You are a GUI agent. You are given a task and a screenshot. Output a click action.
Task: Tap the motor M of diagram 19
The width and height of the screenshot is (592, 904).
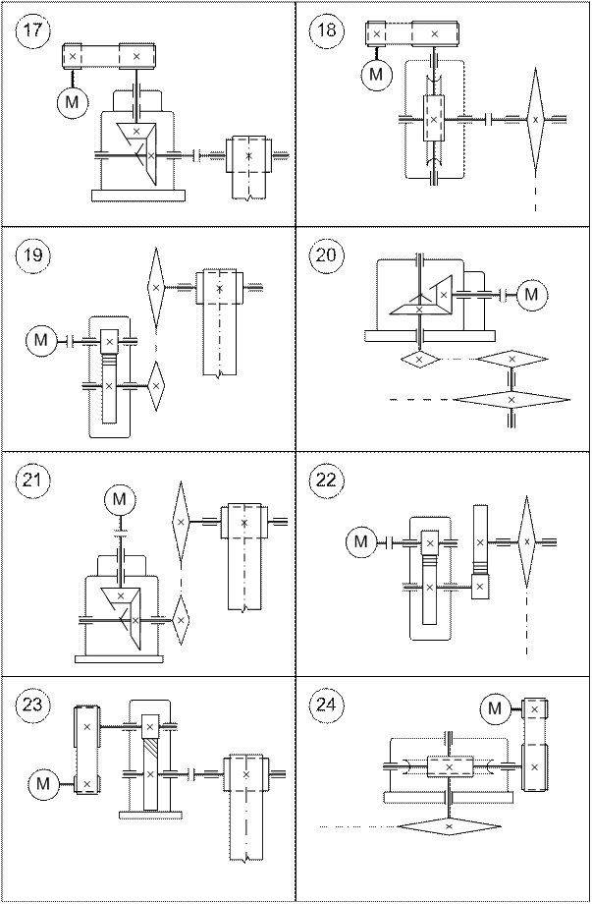click(x=41, y=341)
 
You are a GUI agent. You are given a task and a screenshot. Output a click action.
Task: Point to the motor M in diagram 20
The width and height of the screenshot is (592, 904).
click(x=532, y=293)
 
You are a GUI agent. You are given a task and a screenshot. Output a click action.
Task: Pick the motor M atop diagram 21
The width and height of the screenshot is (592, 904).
click(x=118, y=500)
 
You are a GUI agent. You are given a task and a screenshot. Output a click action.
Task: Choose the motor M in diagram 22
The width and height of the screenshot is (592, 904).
click(x=362, y=541)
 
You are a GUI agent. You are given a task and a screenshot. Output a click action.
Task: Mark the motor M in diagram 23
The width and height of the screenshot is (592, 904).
click(x=42, y=783)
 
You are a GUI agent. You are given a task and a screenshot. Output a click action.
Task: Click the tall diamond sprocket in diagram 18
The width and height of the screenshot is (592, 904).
click(x=535, y=119)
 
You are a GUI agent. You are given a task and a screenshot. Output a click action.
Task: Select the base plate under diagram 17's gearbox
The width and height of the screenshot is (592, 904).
click(x=138, y=196)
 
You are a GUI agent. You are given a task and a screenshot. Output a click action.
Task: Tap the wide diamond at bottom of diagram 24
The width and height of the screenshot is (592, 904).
click(x=449, y=827)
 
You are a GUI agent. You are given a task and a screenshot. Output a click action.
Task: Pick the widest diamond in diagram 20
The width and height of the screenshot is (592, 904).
click(x=511, y=400)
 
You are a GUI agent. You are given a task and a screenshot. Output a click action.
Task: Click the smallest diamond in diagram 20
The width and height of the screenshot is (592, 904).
click(x=419, y=360)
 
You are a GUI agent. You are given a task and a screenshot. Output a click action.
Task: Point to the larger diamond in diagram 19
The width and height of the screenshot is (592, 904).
click(x=155, y=286)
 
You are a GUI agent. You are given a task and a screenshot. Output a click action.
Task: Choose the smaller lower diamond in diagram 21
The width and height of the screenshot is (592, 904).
click(x=181, y=620)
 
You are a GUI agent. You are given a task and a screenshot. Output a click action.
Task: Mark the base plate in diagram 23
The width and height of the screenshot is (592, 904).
click(x=150, y=814)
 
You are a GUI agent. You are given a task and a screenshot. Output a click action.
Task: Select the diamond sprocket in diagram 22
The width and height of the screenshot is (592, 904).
click(x=527, y=541)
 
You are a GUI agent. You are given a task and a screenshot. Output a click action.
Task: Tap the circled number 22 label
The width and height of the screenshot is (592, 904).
click(x=327, y=481)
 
